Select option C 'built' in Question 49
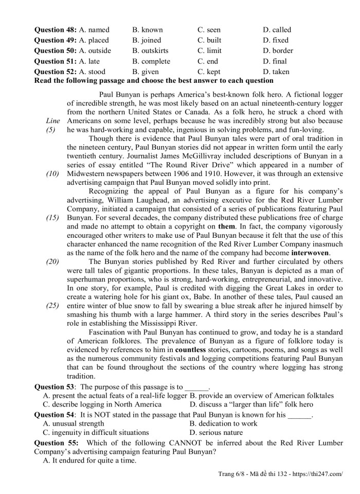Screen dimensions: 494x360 pyautogui.click(x=209, y=40)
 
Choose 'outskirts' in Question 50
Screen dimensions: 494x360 pyautogui.click(x=150, y=50)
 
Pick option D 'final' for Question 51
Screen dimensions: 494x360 pyautogui.click(x=276, y=61)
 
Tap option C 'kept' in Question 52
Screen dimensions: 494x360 pyautogui.click(x=209, y=72)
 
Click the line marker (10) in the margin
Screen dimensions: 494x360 pyautogui.click(x=52, y=173)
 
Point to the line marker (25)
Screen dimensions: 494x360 pyautogui.click(x=52, y=305)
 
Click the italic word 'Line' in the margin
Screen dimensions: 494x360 pyautogui.click(x=52, y=120)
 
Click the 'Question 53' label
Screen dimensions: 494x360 pyautogui.click(x=55, y=386)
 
